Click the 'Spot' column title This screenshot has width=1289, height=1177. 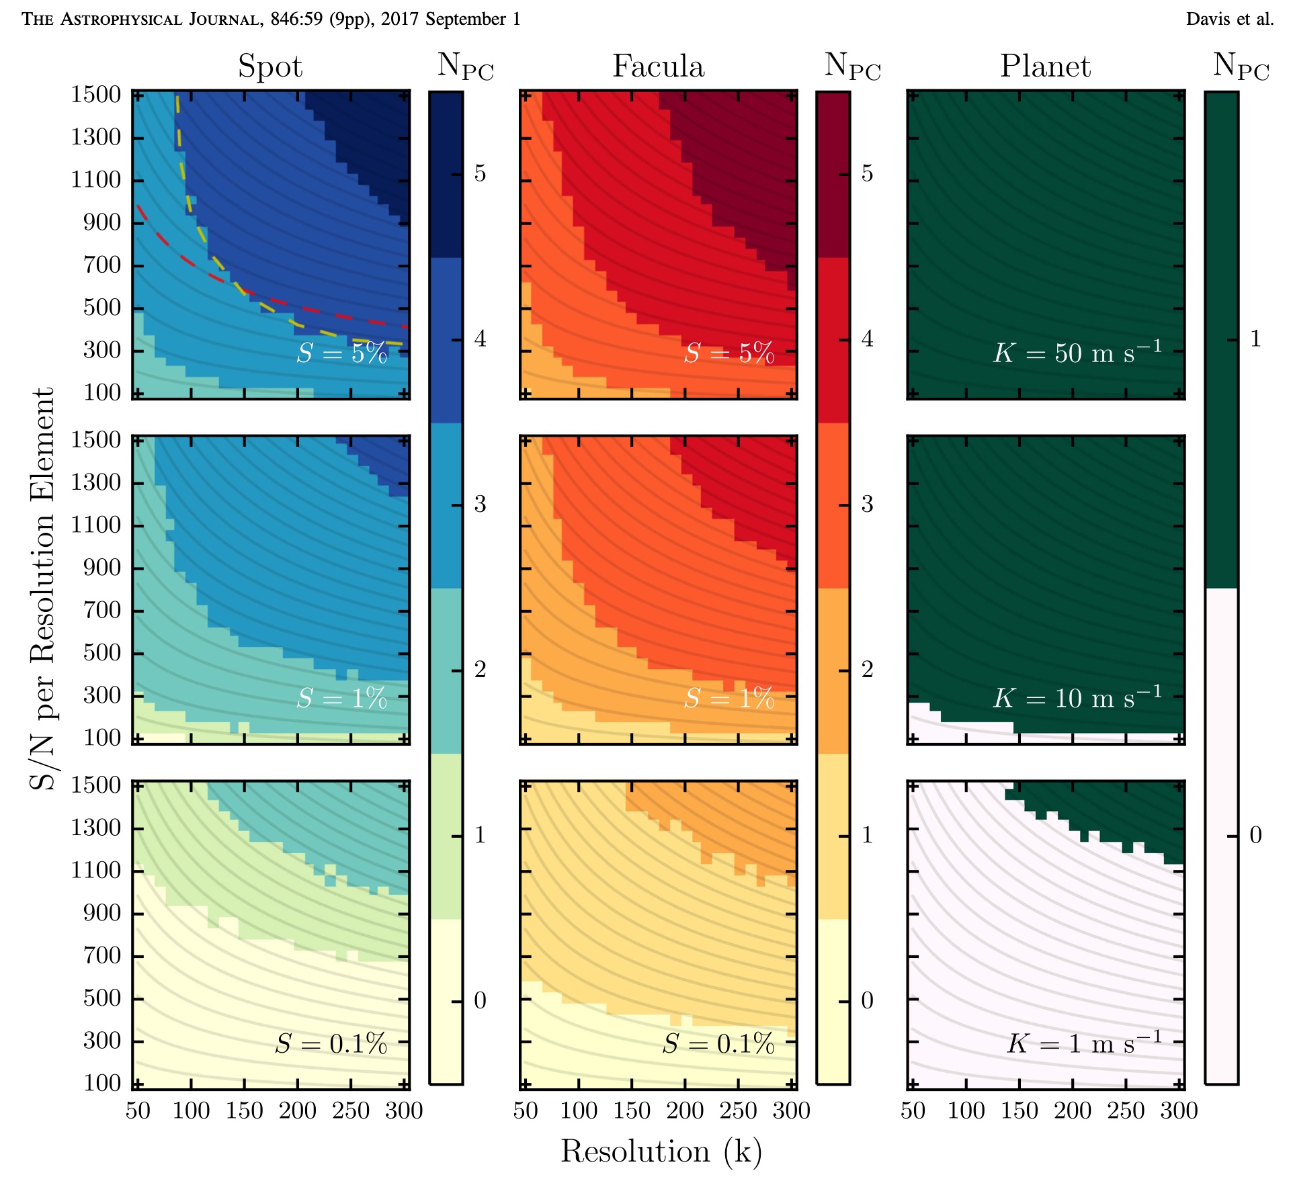(270, 67)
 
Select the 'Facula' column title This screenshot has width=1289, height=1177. (658, 67)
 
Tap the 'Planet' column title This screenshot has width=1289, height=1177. (1045, 67)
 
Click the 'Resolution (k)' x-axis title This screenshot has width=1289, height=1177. (661, 1151)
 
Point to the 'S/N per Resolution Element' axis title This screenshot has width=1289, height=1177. (42, 588)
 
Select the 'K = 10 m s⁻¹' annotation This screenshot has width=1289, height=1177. (1077, 697)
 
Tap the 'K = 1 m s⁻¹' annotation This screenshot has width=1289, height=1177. (1084, 1043)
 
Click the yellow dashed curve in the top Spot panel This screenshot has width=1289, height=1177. (182, 168)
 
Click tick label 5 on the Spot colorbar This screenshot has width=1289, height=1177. (480, 173)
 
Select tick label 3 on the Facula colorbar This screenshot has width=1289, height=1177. (868, 504)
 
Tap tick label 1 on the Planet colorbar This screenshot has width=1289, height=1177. (1255, 339)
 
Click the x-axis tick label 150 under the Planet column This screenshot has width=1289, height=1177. (1019, 1110)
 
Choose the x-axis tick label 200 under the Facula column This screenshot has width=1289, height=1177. (685, 1110)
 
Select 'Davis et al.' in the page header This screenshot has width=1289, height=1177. (1229, 19)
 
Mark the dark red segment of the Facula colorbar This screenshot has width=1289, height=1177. (833, 175)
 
